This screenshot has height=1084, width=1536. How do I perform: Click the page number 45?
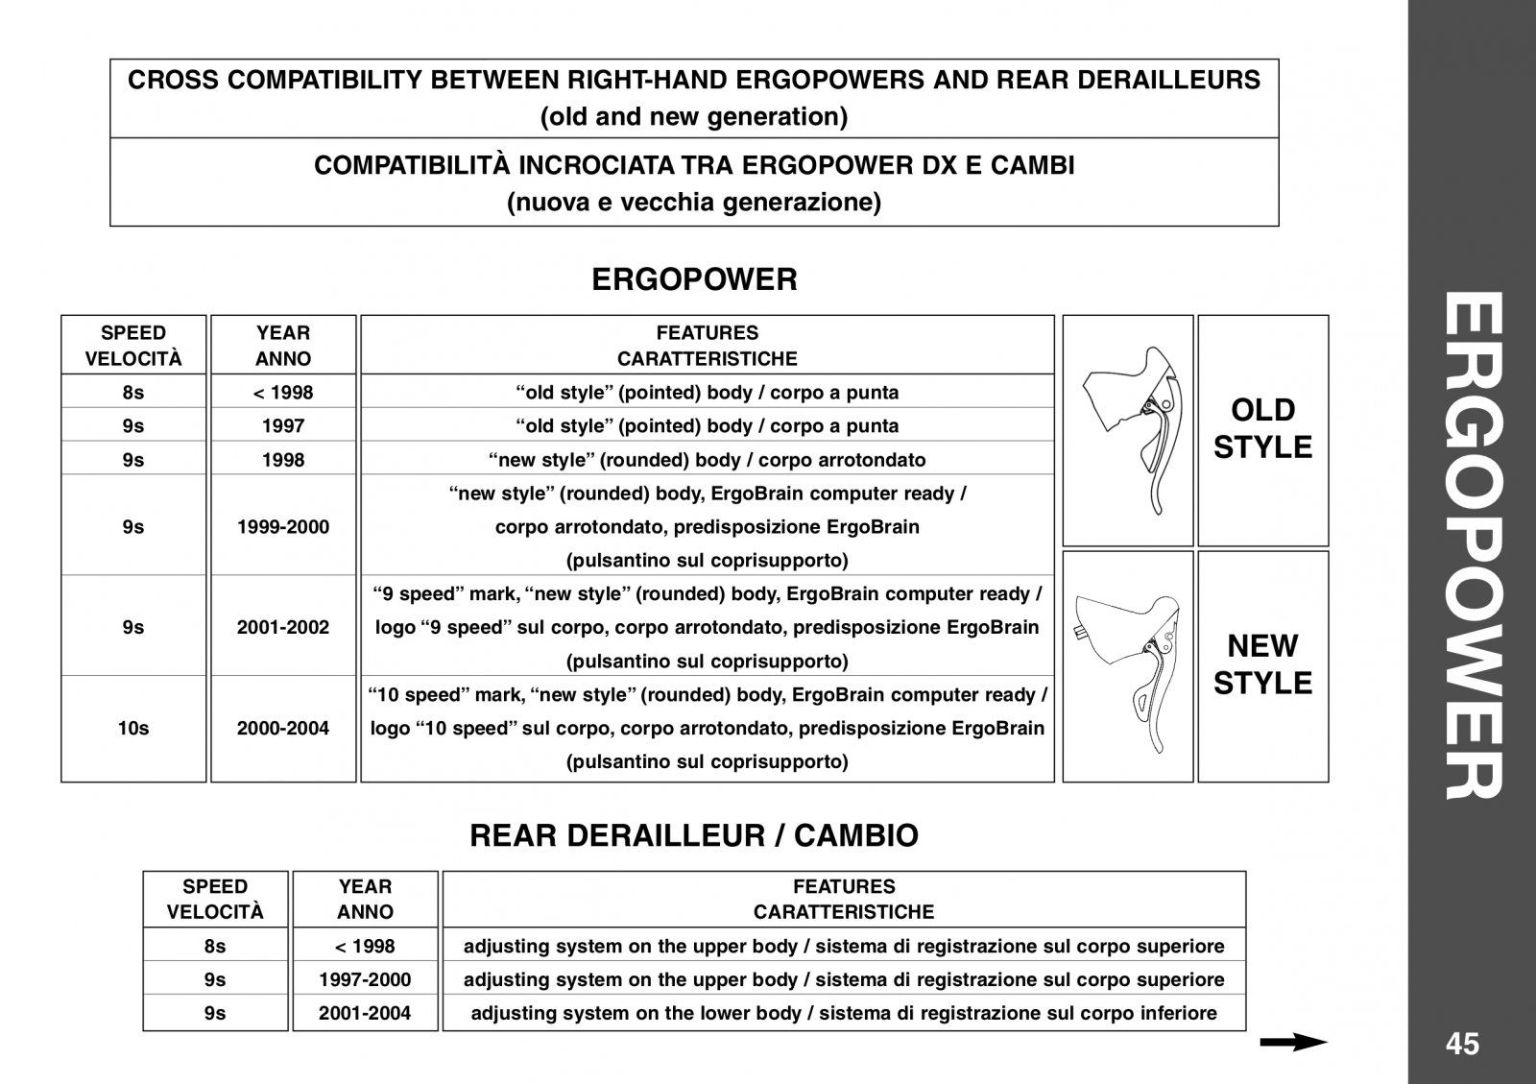coord(1462,1044)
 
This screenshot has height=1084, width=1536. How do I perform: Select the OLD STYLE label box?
coord(1262,429)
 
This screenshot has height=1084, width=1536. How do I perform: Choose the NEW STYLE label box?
coord(1262,664)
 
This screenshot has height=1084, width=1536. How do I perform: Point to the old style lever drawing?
coord(1128,429)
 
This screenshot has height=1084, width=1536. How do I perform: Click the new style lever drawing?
coord(1128,665)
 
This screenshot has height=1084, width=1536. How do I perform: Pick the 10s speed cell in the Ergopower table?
coord(133,728)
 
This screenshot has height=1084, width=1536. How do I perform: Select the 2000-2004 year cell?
coord(283,728)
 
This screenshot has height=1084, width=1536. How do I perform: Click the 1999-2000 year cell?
coord(283,526)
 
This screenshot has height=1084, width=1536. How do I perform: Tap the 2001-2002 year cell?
coord(283,627)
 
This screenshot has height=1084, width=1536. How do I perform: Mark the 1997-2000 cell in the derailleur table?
coord(365,979)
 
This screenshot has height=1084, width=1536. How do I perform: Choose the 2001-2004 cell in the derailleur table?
coord(365,1013)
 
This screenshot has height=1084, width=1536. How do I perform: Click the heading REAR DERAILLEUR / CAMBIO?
coord(693,835)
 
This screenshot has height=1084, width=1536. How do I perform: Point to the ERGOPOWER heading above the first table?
coord(694,279)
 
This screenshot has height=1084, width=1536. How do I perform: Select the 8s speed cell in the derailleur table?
coord(215,946)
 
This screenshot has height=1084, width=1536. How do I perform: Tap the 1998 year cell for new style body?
coord(283,459)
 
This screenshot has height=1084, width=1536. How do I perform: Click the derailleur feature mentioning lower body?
coord(844,1013)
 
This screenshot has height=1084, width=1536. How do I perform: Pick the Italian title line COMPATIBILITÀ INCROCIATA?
coord(694,165)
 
